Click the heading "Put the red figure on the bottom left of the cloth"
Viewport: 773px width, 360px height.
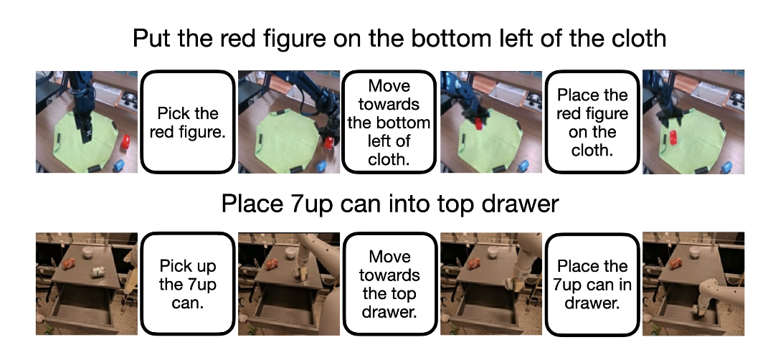399,39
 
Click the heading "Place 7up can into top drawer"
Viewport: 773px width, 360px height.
390,203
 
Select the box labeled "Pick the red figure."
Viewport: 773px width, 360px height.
187,123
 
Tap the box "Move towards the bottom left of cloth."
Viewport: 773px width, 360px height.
389,123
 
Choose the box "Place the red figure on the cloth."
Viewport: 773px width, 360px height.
592,123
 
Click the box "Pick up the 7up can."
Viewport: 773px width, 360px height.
187,284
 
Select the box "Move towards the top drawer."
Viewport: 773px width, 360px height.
389,284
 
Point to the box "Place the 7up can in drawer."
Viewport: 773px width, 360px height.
592,284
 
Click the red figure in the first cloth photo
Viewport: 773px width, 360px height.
125,142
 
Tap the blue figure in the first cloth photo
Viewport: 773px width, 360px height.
119,165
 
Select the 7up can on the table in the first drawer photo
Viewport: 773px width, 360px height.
99,272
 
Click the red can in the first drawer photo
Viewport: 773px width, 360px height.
70,264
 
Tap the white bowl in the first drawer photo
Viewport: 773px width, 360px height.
88,252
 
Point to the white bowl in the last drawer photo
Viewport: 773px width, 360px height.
695,252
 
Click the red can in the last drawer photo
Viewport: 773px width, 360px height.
676,263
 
